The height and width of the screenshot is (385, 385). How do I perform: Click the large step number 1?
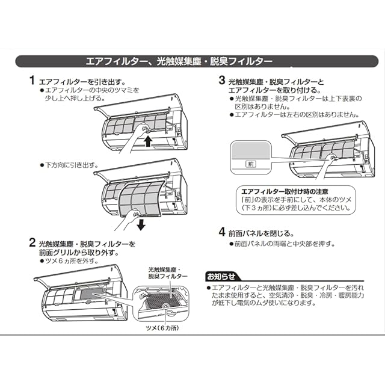point(32,81)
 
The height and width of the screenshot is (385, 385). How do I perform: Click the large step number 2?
point(32,242)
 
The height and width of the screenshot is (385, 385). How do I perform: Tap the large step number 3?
point(222,80)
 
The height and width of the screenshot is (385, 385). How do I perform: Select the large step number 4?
point(222,232)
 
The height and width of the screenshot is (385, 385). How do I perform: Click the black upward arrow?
point(148,141)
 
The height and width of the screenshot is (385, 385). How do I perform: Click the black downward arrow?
point(141,224)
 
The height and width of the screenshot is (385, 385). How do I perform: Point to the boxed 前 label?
point(251,164)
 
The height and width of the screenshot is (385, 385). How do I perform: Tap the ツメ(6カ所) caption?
point(162,328)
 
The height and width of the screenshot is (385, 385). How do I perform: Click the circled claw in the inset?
point(166,306)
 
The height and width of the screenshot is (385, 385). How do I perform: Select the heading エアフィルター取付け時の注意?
point(285,191)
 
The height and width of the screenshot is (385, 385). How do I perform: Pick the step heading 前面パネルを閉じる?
point(261,233)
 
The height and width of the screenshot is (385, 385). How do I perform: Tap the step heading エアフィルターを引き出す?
point(82,82)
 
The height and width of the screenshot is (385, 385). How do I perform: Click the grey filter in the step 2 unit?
point(91,294)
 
